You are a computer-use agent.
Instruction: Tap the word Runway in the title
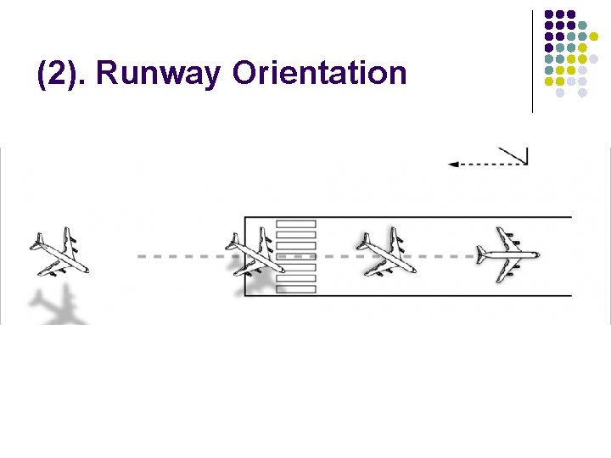click(x=160, y=74)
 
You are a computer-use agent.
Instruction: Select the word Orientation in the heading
click(x=319, y=74)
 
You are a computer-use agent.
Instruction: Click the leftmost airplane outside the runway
click(x=59, y=253)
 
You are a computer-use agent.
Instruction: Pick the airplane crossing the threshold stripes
click(x=254, y=252)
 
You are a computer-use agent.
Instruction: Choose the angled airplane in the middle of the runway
click(x=386, y=252)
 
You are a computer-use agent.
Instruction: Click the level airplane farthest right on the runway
click(x=507, y=254)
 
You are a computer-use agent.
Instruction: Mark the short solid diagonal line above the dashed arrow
click(x=513, y=155)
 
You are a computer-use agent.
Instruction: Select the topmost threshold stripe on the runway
click(x=296, y=224)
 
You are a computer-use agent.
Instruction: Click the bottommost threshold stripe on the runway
click(x=296, y=288)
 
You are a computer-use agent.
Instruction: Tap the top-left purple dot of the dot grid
click(x=549, y=14)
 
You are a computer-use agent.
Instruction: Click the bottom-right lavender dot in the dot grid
click(x=583, y=92)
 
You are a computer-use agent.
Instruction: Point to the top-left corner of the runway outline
click(x=245, y=217)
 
